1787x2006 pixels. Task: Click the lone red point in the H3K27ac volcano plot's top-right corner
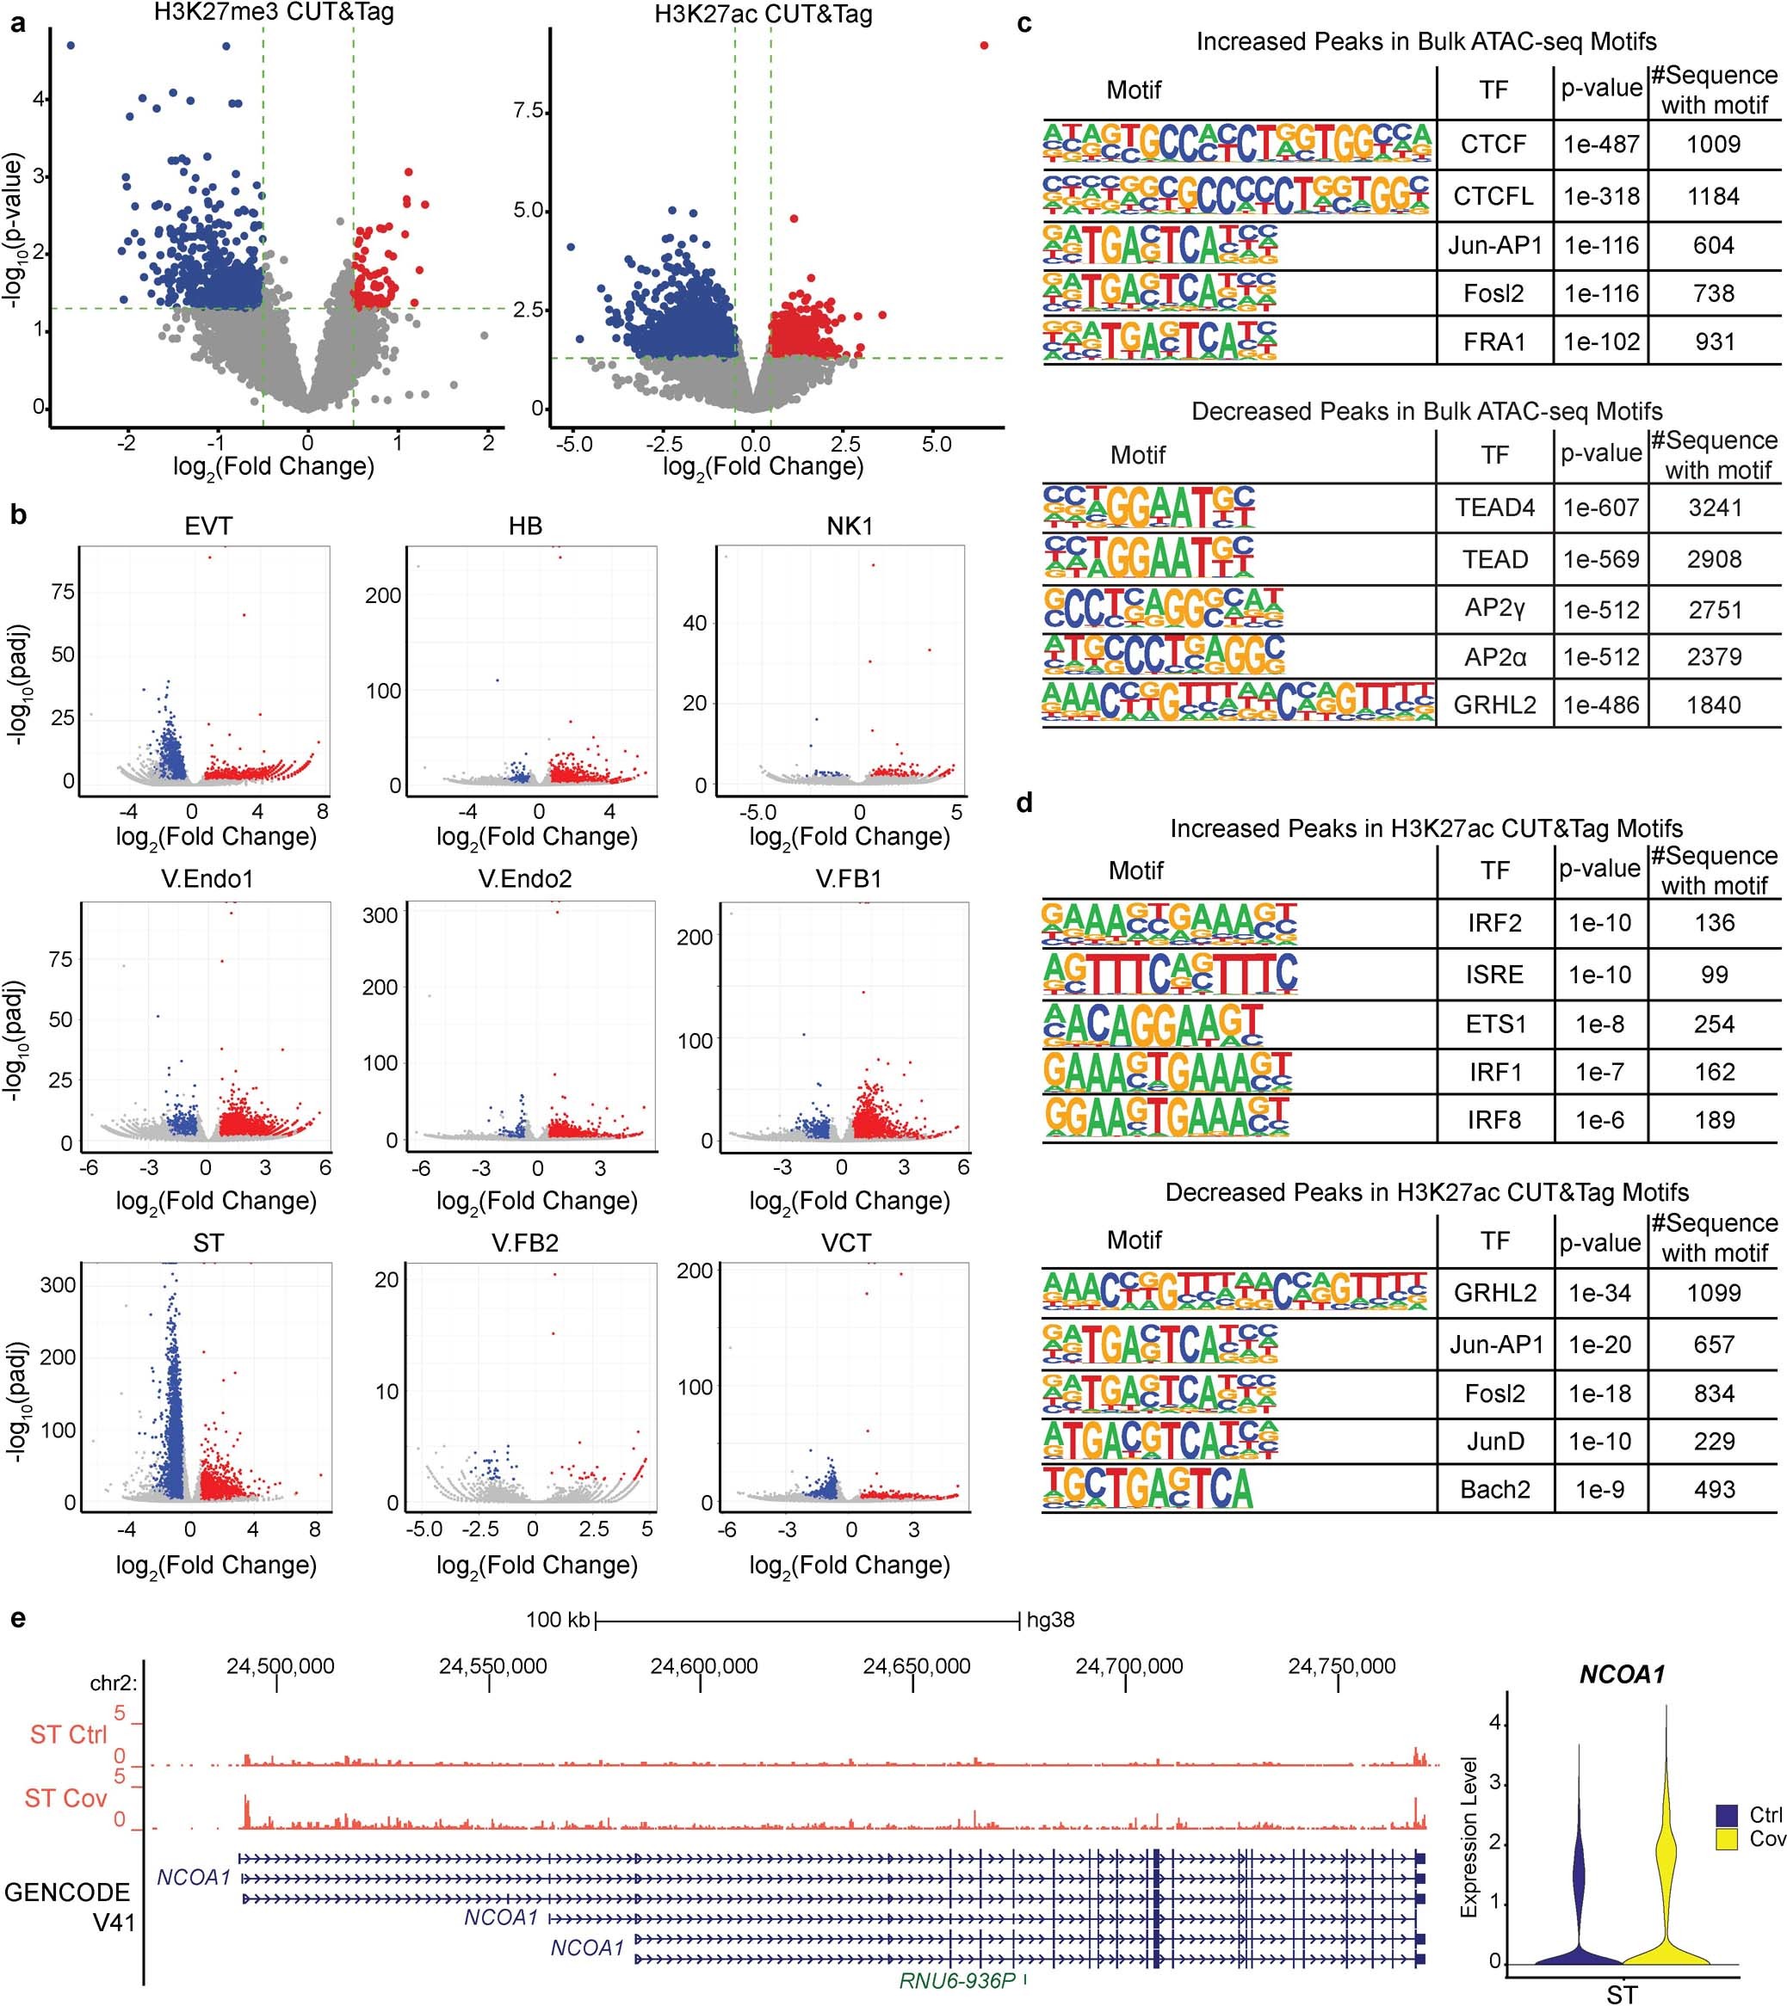pos(984,45)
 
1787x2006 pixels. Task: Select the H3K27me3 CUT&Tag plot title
pos(274,13)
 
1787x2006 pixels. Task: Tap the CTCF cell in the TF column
pos(1493,145)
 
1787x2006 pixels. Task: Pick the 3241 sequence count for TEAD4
pos(1715,508)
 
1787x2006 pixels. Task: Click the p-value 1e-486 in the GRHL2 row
pos(1601,705)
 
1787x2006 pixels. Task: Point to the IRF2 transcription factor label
pos(1494,922)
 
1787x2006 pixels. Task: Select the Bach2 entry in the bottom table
pos(1494,1489)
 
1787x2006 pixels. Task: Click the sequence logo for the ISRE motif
pos(1171,974)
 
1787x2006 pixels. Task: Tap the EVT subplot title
pos(208,526)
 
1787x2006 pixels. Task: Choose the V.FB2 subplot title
pos(525,1244)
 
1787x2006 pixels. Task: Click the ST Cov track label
pos(65,1798)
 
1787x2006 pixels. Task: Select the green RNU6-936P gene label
pos(956,1980)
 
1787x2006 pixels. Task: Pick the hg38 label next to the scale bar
pos(1049,1619)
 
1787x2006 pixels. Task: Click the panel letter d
pos(1024,803)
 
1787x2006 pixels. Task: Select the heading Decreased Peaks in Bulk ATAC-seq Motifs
pos(1426,411)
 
